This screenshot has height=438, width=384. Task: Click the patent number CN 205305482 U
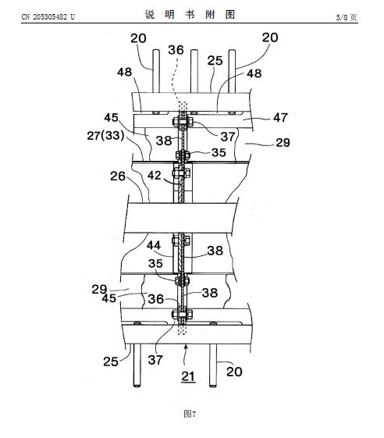pos(48,17)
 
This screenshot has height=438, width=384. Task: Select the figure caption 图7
pos(190,414)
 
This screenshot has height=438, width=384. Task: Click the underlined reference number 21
pos(188,376)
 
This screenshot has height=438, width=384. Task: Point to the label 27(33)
pos(105,136)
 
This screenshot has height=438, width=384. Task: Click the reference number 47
pos(280,118)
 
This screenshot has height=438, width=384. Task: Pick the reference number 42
pos(155,176)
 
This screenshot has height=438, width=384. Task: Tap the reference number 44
pos(154,245)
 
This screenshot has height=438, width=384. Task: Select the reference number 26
pos(118,176)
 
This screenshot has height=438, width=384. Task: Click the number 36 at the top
pos(176,50)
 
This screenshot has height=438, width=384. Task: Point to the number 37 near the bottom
pos(155,360)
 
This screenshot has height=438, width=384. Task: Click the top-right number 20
pos(270,37)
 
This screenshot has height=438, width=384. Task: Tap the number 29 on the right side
pos(283,143)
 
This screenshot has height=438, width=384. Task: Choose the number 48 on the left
pos(125,72)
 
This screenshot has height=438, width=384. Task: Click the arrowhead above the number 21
pos(187,347)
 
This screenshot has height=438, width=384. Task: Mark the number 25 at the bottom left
pos(111,361)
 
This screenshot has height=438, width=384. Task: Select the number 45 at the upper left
pos(111,117)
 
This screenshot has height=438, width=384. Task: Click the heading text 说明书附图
pos(190,15)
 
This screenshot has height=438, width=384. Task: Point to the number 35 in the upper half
pos(219,152)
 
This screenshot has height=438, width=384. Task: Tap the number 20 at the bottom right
pos(234,372)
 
